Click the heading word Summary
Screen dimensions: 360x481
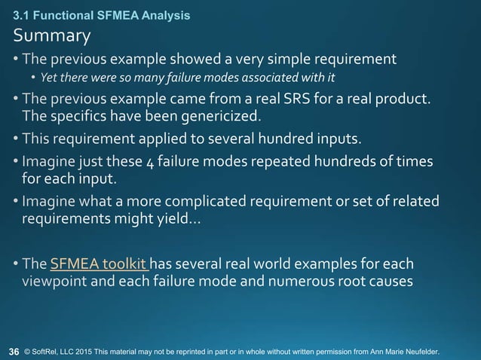(x=51, y=35)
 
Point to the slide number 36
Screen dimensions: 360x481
(x=14, y=351)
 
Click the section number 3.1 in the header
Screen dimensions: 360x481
(x=20, y=14)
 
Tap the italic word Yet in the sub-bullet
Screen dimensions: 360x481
(x=49, y=78)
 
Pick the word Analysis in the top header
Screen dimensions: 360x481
(x=166, y=14)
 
